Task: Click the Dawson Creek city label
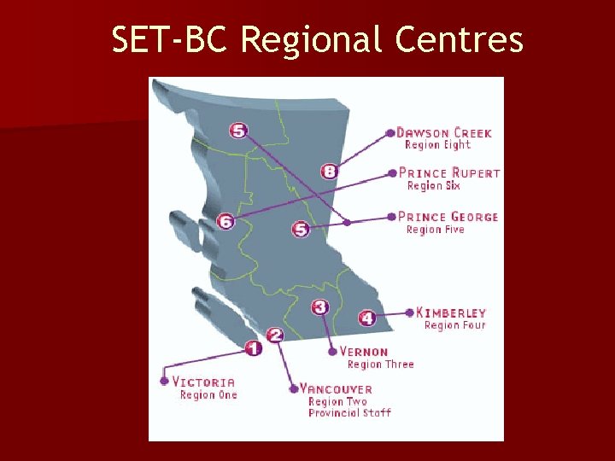pyautogui.click(x=444, y=132)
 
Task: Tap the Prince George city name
pyautogui.click(x=448, y=217)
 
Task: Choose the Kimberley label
pyautogui.click(x=456, y=312)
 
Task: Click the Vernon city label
pyautogui.click(x=364, y=352)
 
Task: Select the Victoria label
pyautogui.click(x=203, y=382)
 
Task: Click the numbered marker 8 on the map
pyautogui.click(x=330, y=172)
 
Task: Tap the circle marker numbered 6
pyautogui.click(x=225, y=221)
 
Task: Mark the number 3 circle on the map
pyautogui.click(x=320, y=306)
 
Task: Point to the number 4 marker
pyautogui.click(x=366, y=318)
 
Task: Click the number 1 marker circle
pyautogui.click(x=253, y=347)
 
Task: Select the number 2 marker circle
pyautogui.click(x=275, y=336)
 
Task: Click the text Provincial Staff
pyautogui.click(x=349, y=413)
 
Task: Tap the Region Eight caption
pyautogui.click(x=437, y=145)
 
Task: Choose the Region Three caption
pyautogui.click(x=380, y=365)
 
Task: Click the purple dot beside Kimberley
pyautogui.click(x=410, y=312)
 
